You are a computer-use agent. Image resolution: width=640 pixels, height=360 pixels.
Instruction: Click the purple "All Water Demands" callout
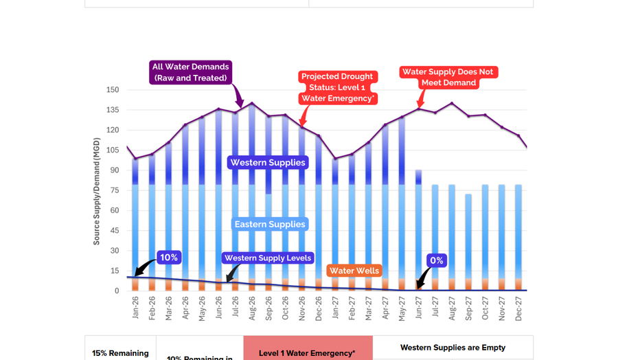(x=191, y=72)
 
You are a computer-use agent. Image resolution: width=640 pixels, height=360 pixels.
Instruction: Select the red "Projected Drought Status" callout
(x=337, y=87)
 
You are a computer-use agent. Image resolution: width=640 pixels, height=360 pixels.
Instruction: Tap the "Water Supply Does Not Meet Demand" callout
(x=448, y=77)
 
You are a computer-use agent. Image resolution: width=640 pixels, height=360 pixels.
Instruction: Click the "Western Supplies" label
(x=268, y=163)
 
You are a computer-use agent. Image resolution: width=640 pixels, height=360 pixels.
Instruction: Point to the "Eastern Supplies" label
(x=270, y=224)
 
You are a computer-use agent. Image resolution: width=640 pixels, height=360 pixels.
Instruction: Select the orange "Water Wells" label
(x=354, y=271)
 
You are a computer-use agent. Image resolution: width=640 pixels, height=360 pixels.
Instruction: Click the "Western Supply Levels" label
(x=268, y=258)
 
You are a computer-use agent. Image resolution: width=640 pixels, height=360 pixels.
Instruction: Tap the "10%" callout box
(x=169, y=258)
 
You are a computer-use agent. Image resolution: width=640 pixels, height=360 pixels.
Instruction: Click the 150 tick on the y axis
(x=113, y=90)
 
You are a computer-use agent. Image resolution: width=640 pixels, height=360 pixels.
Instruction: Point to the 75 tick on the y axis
(x=115, y=190)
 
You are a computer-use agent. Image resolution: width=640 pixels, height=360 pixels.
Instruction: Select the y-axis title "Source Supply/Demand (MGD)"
(x=97, y=191)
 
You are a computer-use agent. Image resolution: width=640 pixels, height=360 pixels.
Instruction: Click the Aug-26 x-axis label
(x=252, y=308)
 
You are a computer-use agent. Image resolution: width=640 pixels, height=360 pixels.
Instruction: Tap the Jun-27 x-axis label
(x=418, y=308)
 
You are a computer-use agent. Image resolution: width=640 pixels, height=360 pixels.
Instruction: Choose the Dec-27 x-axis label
(x=518, y=308)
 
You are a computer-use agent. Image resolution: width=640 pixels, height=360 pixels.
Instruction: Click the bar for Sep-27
(x=468, y=240)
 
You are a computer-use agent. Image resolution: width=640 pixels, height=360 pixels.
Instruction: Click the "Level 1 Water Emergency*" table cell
(x=308, y=352)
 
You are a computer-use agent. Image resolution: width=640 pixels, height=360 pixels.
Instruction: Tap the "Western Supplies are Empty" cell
(x=453, y=348)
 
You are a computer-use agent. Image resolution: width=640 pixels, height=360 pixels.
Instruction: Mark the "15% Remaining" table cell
(x=120, y=353)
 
